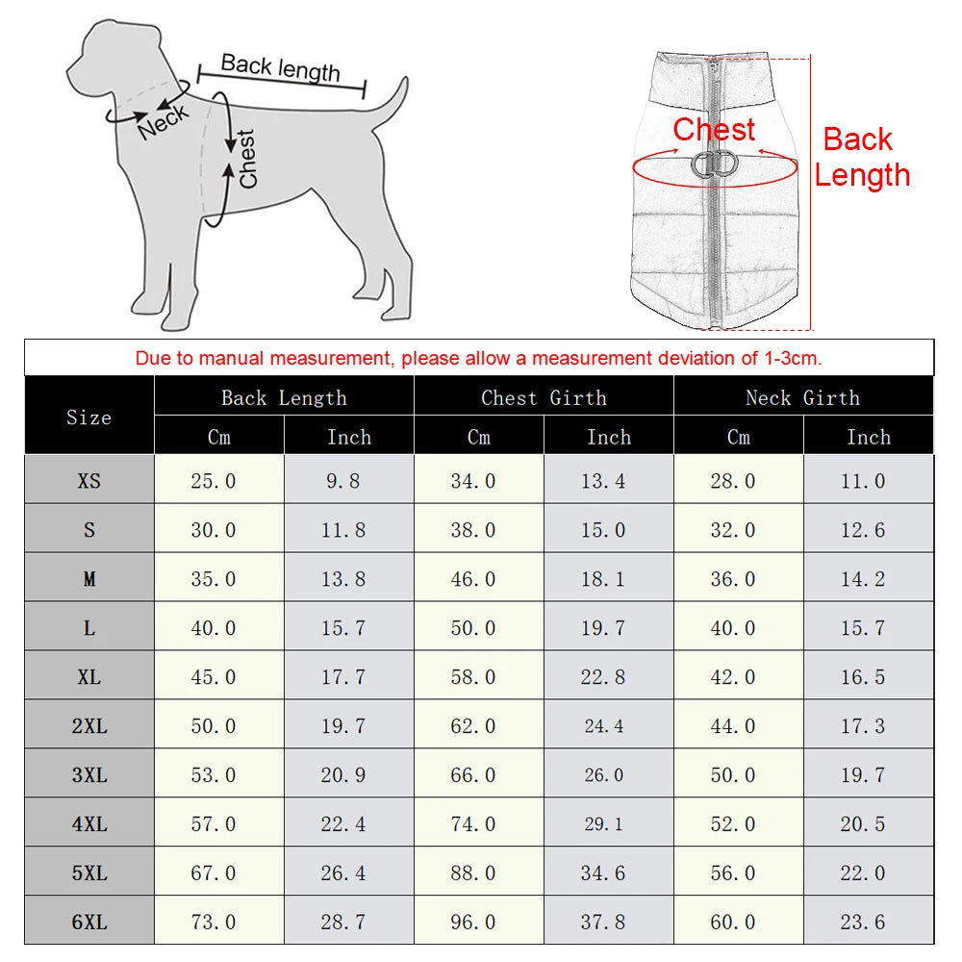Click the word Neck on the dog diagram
[164, 119]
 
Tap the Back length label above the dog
[280, 67]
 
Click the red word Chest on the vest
[714, 129]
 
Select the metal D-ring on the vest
[715, 165]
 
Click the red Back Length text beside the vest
[861, 157]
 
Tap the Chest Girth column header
[544, 397]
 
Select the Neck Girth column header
[803, 397]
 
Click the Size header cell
[89, 417]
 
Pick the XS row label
[89, 481]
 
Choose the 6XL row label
[89, 923]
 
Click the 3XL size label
[89, 775]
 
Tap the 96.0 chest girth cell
[473, 923]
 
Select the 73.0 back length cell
[214, 923]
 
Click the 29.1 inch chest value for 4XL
[603, 824]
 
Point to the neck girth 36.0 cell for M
[733, 579]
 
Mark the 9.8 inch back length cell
[343, 481]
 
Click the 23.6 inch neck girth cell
[863, 923]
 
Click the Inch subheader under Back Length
[348, 437]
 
